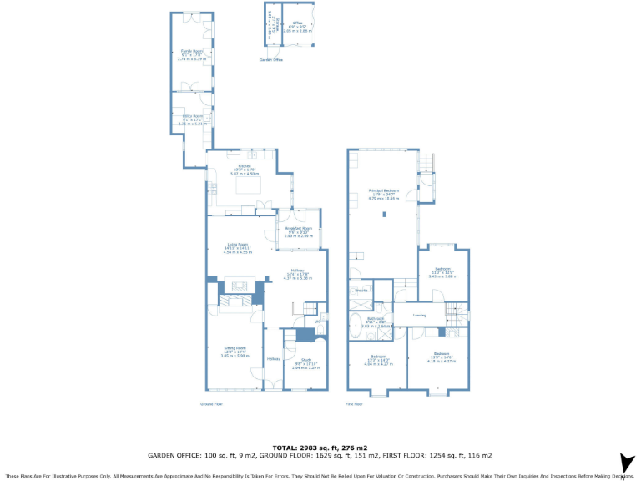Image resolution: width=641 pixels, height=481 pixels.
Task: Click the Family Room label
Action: (193, 52)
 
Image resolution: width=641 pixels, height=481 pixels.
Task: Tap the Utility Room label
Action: (192, 117)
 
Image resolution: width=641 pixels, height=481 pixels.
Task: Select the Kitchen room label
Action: (245, 166)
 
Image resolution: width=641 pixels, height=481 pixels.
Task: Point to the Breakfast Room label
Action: (298, 228)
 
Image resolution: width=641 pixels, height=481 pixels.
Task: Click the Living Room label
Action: (238, 245)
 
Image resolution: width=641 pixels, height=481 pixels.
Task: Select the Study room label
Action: (305, 361)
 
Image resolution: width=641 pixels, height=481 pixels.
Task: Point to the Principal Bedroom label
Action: (384, 190)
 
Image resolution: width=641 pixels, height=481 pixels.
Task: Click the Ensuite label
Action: (361, 291)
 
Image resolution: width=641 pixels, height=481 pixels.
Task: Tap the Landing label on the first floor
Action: (420, 315)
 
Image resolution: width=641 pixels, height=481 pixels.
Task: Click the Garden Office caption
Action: (271, 60)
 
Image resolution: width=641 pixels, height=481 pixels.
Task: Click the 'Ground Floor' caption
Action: (211, 403)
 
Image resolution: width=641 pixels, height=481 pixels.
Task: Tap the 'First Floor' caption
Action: (354, 403)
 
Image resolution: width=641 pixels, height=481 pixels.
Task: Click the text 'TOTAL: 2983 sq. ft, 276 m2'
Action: (320, 448)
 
